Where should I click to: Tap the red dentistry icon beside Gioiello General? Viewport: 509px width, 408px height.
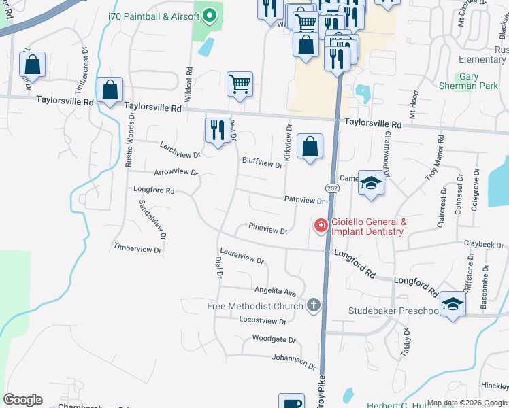coord(321,225)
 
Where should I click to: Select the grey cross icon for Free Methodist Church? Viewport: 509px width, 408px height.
coord(314,305)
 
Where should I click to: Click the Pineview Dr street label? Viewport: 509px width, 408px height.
coord(268,230)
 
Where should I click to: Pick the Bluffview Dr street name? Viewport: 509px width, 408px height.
coord(262,163)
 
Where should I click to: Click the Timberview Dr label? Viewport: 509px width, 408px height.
coord(138,250)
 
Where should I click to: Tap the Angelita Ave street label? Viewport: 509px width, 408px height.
coord(276,290)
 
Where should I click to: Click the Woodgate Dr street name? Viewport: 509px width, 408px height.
coord(274,339)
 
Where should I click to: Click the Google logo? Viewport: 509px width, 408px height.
coord(22,399)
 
